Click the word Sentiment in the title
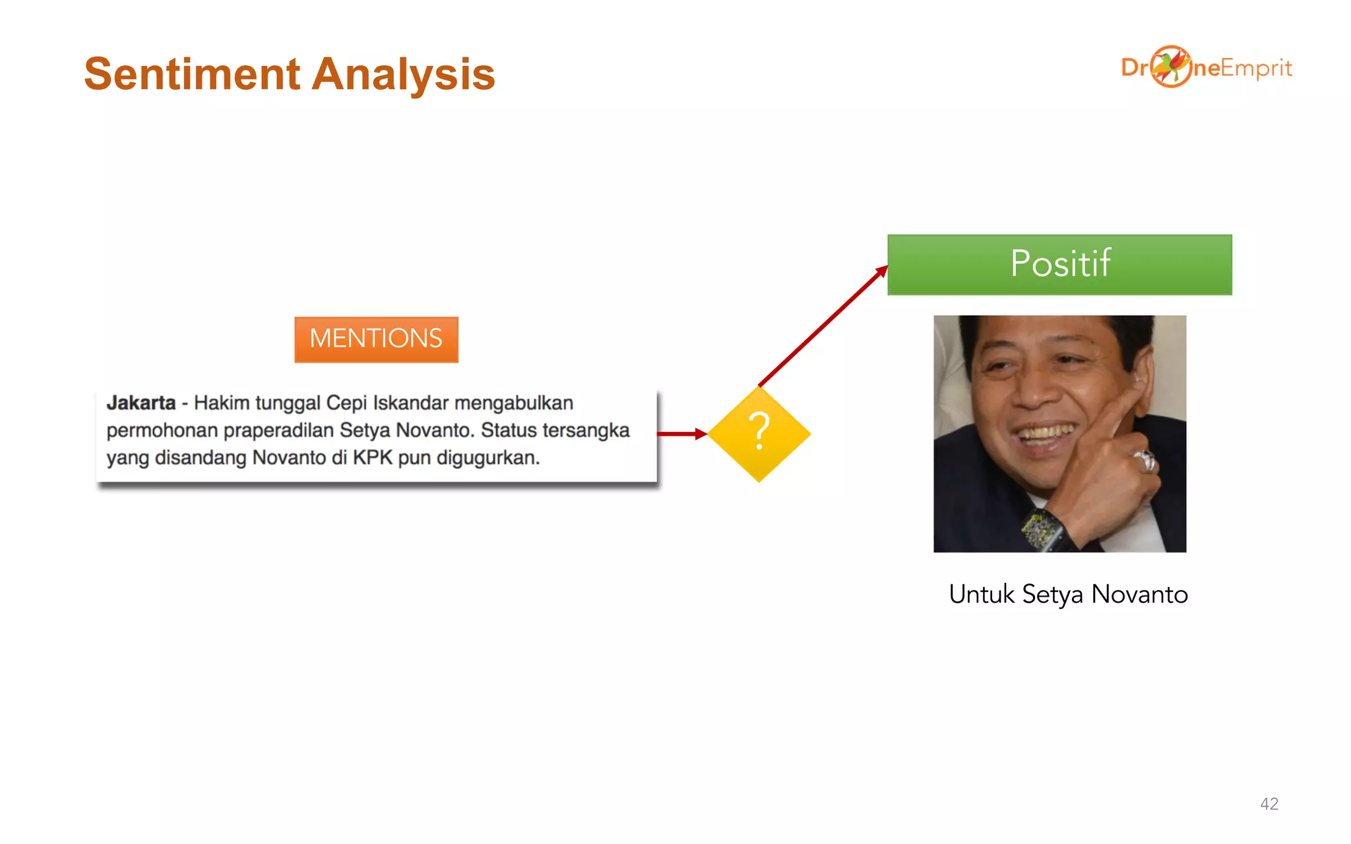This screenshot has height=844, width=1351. pos(192,74)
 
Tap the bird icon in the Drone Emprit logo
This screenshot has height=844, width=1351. pos(1171,66)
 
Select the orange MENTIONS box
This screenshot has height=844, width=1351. pos(376,339)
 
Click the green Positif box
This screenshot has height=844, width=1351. pos(1059,264)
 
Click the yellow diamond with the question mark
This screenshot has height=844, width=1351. pos(759,434)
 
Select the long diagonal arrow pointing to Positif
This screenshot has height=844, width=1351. pos(823,326)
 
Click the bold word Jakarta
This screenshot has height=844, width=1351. pos(141,403)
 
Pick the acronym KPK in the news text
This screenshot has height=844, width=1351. pos(372,458)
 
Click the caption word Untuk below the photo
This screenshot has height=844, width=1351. pos(981,594)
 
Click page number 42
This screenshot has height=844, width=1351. pos(1269,804)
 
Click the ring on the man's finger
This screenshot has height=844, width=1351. pos(1145,459)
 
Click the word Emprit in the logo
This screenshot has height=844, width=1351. pos(1256,68)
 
